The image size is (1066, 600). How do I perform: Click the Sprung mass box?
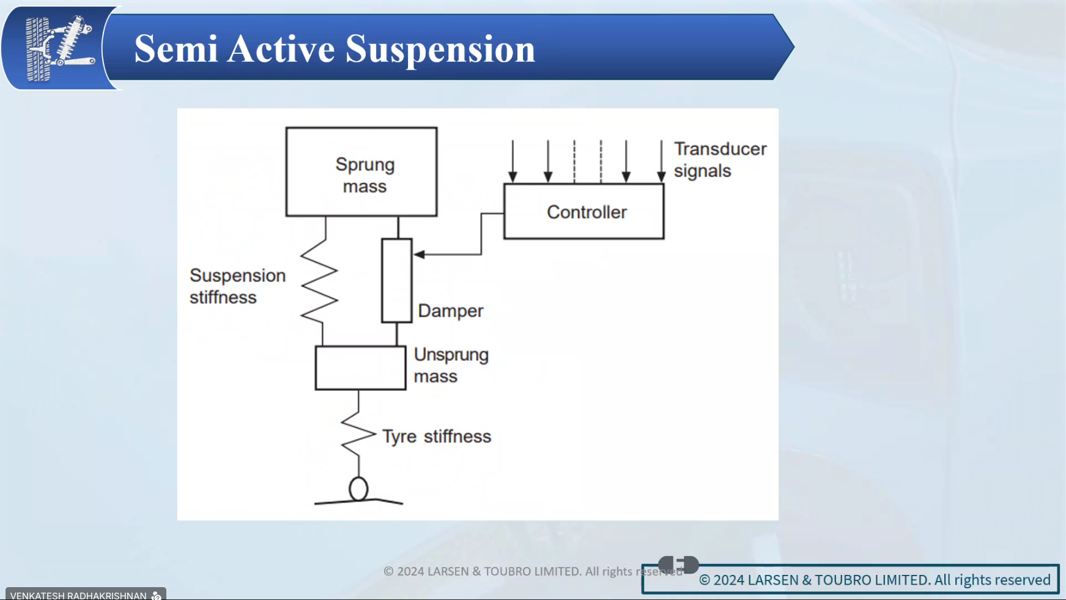361,172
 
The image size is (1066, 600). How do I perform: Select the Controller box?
584,212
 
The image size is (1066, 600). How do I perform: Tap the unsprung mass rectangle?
360,368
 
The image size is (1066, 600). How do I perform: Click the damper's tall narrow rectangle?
397,281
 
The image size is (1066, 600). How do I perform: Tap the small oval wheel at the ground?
358,489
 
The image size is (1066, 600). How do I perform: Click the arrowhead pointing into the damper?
420,254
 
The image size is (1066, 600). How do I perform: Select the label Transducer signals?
720,160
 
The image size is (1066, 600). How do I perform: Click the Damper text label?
451,311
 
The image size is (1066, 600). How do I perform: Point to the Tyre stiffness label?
437,437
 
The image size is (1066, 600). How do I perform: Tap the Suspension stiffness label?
237,286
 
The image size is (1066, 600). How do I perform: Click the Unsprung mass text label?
451,365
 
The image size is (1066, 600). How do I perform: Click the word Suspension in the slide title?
440,49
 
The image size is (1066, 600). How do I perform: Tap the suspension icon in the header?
59,48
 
